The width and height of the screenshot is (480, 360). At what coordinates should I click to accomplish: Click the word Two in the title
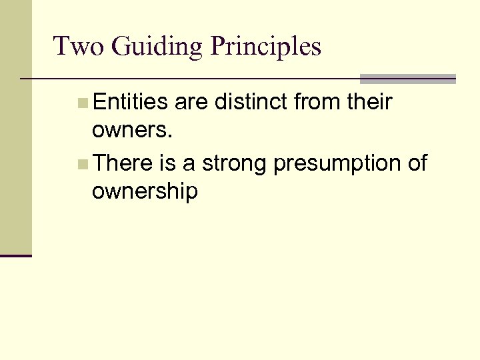[75, 47]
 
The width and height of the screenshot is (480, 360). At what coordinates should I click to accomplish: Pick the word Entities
[131, 103]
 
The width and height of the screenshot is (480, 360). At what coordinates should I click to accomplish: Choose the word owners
[133, 131]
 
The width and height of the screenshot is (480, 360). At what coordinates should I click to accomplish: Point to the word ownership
[145, 193]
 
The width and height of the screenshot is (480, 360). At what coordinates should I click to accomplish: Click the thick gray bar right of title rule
[407, 78]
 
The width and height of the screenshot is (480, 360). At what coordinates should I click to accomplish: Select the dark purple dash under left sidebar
[15, 255]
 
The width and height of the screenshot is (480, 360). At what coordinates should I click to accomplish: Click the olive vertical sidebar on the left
[15, 127]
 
